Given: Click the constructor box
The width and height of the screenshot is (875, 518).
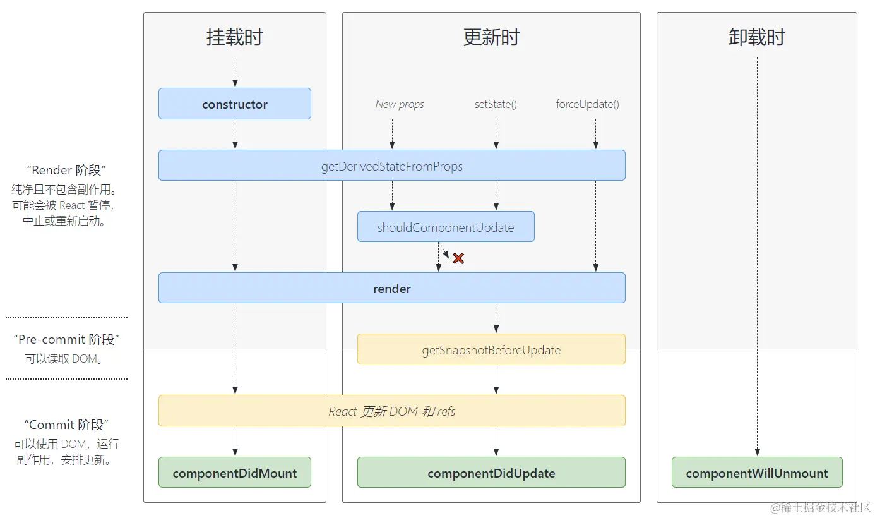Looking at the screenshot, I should click(234, 104).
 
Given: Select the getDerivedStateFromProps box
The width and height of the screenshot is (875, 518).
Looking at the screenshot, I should click(391, 166).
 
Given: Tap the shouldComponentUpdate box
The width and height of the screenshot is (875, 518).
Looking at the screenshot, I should click(446, 227).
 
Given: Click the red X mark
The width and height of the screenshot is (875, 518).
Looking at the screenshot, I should click(458, 258).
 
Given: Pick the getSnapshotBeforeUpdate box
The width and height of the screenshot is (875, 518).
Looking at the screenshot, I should click(491, 350).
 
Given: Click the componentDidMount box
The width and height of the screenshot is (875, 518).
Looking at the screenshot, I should click(234, 473).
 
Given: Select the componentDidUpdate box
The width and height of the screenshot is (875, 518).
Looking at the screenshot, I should click(491, 473).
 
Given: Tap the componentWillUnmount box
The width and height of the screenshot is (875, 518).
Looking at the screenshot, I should click(757, 473).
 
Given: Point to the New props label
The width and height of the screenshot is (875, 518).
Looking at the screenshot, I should click(400, 104).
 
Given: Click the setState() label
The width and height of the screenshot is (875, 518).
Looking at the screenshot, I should click(496, 104).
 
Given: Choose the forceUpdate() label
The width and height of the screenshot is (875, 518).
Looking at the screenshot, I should click(587, 104).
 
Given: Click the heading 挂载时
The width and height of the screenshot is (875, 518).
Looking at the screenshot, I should click(234, 37).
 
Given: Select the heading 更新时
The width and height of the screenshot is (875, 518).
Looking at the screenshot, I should click(491, 37).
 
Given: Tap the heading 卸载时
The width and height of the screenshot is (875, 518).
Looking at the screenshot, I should click(757, 37).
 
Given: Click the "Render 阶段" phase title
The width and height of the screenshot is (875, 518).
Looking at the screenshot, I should click(66, 170).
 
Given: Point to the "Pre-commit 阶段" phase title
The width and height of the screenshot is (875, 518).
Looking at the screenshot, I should click(66, 339).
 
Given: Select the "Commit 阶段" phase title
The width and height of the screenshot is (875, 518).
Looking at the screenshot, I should click(66, 425).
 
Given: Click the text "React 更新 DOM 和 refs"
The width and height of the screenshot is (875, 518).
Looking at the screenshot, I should click(391, 411).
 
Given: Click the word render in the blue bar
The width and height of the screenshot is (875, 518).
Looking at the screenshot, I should click(391, 289).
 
